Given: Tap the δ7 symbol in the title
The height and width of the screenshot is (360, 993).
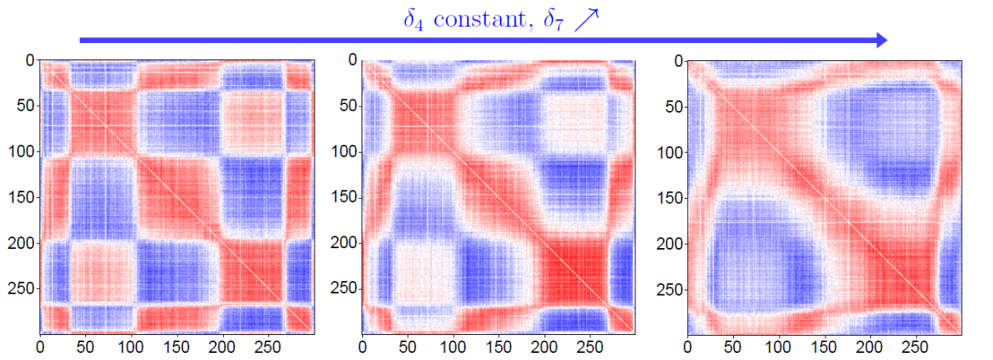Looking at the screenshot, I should pos(549,19).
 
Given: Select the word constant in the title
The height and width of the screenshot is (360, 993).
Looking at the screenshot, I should pos(477,18).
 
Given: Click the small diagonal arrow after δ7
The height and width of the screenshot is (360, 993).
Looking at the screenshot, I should pos(585,18).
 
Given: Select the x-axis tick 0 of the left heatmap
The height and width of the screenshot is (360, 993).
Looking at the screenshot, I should pos(40,344).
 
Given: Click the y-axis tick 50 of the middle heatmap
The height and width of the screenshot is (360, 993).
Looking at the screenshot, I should pos(346,106).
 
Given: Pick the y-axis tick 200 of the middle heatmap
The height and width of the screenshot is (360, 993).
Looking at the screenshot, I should pos(343,243).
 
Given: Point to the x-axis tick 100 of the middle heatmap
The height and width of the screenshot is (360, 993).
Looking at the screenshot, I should pos(454,344).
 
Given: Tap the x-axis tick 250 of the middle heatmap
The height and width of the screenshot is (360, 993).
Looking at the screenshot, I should pos(591,344).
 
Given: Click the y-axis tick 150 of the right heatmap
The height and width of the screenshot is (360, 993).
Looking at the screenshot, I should pos(667,197).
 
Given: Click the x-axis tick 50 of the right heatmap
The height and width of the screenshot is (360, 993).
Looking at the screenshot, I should pos(733,344).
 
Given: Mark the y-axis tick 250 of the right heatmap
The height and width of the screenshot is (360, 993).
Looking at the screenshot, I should pos(667,289).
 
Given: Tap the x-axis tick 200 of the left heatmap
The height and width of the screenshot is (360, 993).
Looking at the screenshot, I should pos(223,344).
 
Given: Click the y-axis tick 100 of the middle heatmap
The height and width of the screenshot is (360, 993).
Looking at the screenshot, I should pos(343,151).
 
